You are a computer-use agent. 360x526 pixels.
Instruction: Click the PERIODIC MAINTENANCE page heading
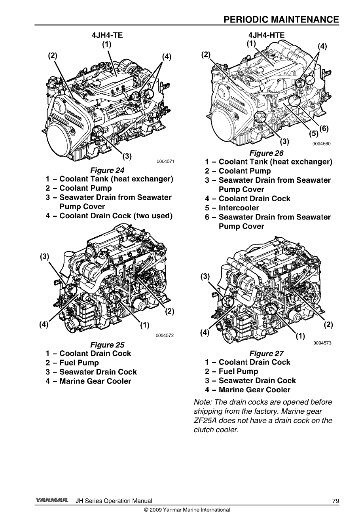tap(281, 20)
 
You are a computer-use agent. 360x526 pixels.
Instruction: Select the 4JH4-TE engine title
tap(107, 35)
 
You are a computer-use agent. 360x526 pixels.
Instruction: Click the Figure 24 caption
tap(108, 170)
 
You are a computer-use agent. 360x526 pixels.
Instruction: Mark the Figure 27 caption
tap(267, 353)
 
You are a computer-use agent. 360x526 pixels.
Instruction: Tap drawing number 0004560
tap(321, 144)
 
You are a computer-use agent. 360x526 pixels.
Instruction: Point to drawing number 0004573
tap(322, 343)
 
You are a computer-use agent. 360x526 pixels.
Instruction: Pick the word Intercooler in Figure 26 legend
tap(239, 208)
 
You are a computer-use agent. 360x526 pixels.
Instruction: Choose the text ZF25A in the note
tap(206, 420)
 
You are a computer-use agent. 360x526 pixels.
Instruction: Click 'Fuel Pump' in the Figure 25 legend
tap(79, 363)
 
